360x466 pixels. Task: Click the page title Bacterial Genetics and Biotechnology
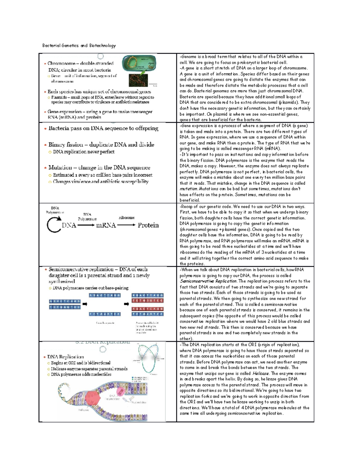79,46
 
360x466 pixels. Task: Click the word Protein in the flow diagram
148,225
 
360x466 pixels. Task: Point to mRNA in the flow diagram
106,225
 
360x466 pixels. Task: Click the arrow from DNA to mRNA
86,225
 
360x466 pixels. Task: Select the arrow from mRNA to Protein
126,225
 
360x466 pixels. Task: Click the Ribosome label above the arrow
126,218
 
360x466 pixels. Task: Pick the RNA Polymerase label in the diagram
87,217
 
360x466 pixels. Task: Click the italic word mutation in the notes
188,189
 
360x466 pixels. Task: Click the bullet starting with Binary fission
101,145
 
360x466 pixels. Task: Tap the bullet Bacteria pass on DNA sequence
103,128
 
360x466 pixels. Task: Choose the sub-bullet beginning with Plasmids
102,100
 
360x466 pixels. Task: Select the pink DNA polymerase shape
121,392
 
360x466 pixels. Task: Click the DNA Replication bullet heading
65,357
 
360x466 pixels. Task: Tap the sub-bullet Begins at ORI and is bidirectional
80,363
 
